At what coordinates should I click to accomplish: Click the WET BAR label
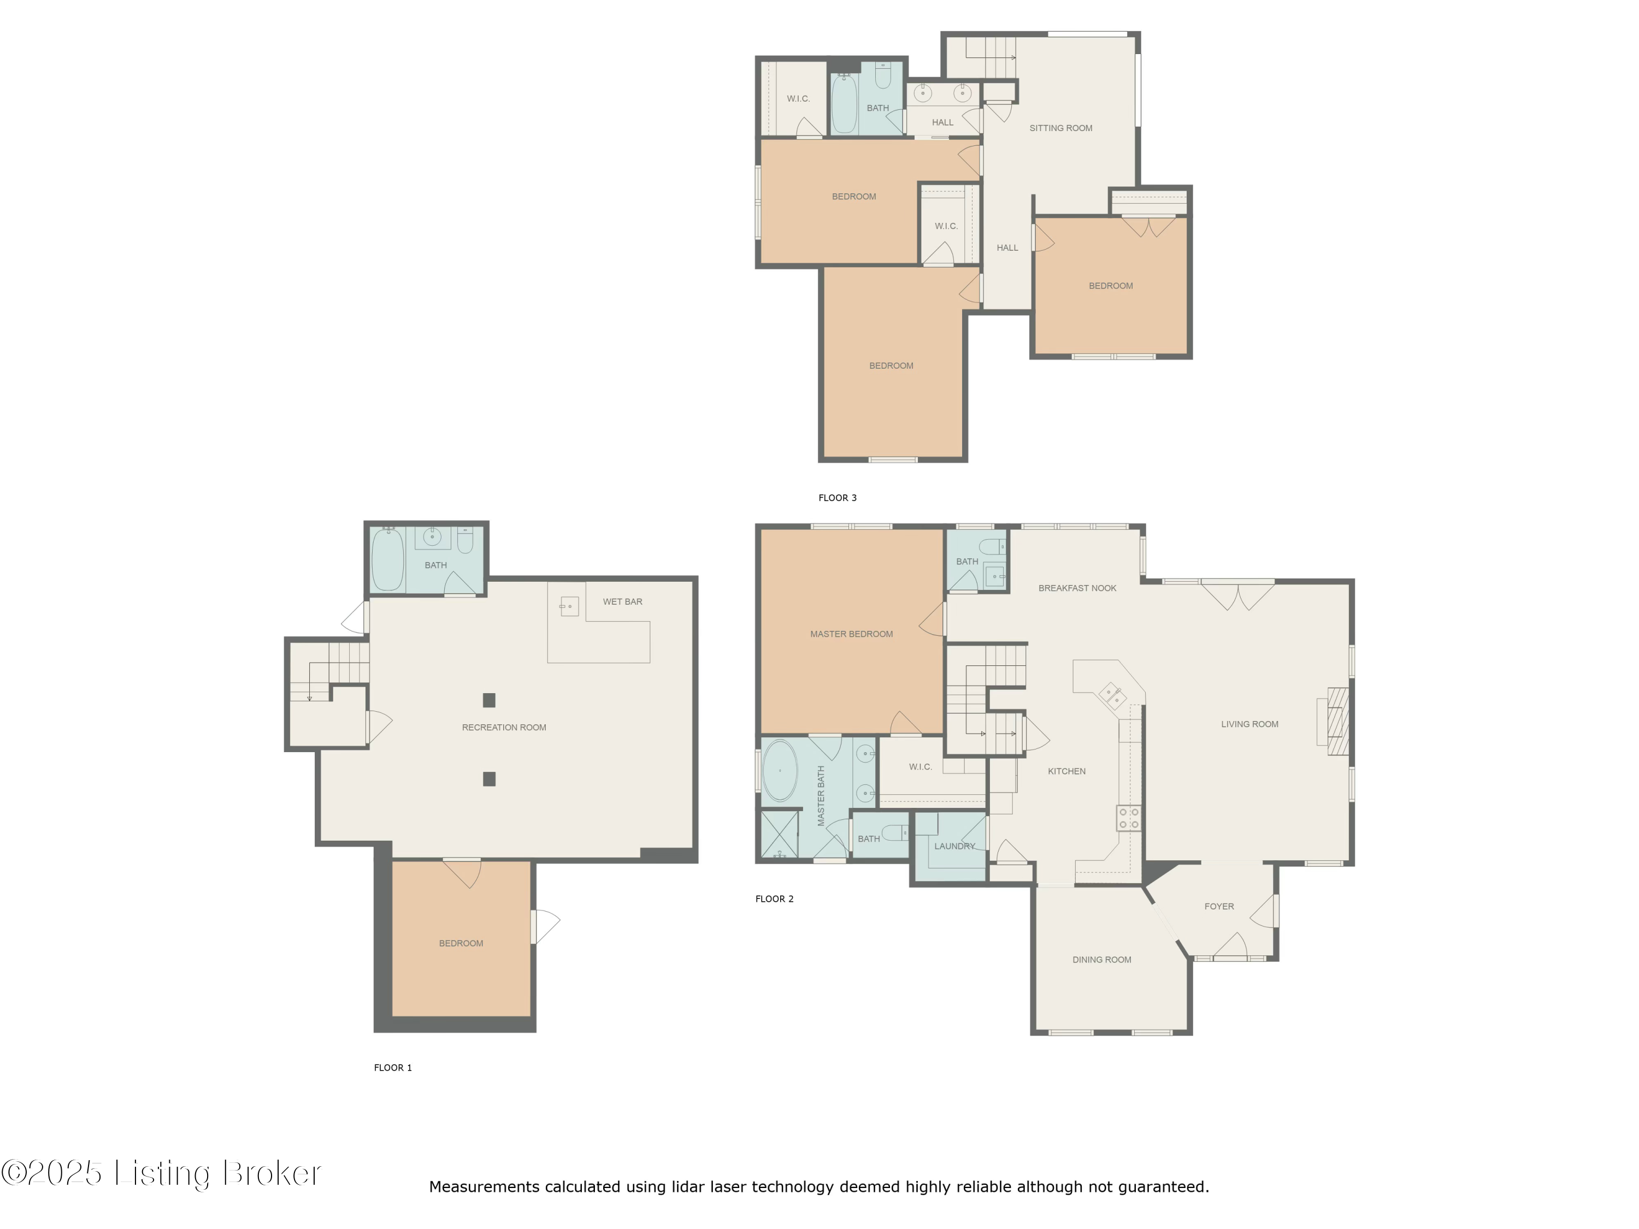(x=622, y=601)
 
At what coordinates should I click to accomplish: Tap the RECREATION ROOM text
(x=504, y=728)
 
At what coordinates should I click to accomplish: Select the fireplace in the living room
(x=1337, y=722)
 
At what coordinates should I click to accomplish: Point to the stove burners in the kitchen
(x=1129, y=818)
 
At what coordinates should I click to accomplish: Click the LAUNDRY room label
(x=954, y=846)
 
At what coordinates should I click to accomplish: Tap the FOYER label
(x=1219, y=906)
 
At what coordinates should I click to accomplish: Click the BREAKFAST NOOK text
(x=1077, y=588)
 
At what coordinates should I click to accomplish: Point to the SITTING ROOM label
(x=1060, y=128)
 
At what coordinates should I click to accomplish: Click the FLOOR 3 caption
(x=838, y=498)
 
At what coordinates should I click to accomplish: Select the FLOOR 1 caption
(x=393, y=1067)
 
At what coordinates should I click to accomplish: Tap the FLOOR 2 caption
(x=774, y=899)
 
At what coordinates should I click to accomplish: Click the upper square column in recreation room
(x=489, y=700)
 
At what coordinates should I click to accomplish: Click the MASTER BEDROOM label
(x=851, y=634)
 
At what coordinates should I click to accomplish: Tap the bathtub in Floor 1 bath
(x=387, y=559)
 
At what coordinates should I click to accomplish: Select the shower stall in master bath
(x=780, y=834)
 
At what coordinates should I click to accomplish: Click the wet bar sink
(x=568, y=606)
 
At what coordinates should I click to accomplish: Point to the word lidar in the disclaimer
(x=688, y=1187)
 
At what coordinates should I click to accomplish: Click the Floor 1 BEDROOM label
(x=461, y=943)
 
